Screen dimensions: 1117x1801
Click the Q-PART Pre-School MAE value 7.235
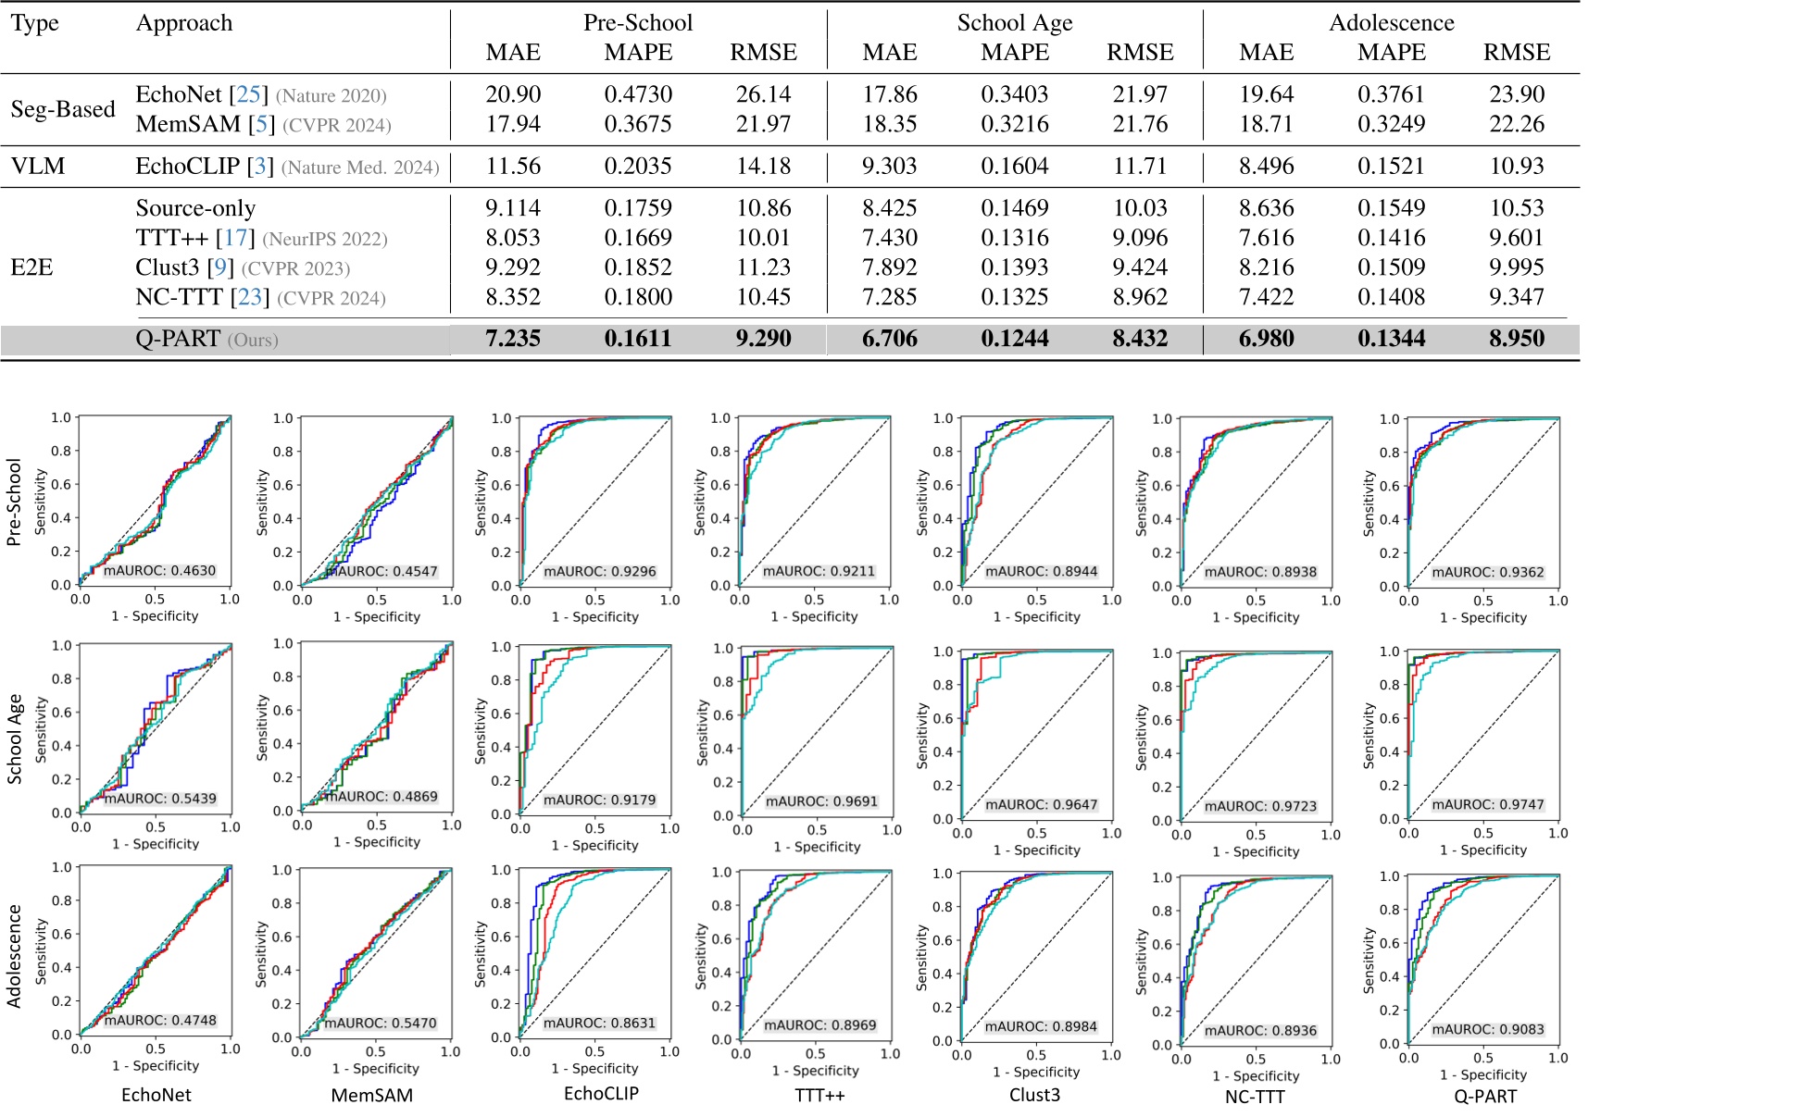513,339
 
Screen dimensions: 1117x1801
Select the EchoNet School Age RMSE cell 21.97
1140,94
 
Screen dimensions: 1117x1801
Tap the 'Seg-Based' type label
63,109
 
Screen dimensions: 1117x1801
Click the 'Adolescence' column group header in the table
1391,23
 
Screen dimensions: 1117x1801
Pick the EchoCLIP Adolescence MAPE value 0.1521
1391,167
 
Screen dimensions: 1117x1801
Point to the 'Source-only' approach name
195,208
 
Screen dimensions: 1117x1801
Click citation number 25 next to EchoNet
248,94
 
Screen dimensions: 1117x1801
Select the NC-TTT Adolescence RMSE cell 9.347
1516,297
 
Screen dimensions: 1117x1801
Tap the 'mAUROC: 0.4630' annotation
159,571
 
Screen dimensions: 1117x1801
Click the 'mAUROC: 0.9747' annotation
1487,805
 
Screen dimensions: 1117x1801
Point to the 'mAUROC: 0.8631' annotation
599,1024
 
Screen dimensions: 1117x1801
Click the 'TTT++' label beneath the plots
819,1096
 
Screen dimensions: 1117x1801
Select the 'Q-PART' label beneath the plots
1485,1097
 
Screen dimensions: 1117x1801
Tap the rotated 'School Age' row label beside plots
15,738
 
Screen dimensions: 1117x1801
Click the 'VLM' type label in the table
38,167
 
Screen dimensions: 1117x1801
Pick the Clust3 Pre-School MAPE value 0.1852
638,267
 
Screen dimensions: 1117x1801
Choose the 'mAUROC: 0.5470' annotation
380,1024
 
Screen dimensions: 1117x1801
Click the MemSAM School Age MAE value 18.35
889,124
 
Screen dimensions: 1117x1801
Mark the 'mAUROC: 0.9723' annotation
1259,807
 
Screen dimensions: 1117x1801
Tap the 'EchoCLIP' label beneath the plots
601,1094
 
